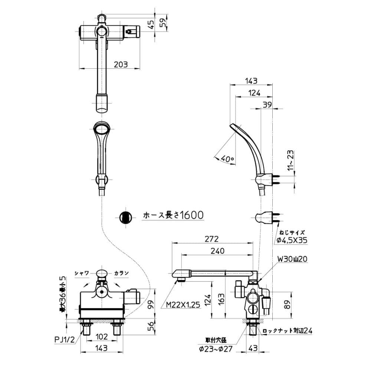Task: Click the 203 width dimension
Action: (x=121, y=64)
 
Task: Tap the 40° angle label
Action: (x=228, y=159)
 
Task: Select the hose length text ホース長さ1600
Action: (x=173, y=215)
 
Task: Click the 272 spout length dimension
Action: (x=212, y=239)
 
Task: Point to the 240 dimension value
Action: (x=217, y=251)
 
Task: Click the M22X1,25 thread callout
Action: (x=183, y=305)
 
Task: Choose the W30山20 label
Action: (x=292, y=259)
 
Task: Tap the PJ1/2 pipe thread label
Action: (x=65, y=340)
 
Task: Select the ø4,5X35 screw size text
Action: (x=292, y=240)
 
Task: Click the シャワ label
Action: (x=82, y=273)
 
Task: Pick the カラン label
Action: (x=121, y=273)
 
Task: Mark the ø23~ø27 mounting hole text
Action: (x=216, y=349)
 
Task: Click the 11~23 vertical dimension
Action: (x=290, y=160)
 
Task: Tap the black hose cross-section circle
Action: (x=125, y=217)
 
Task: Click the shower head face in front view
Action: (x=102, y=129)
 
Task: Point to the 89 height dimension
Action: (x=287, y=305)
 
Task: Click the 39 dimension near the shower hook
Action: (x=267, y=105)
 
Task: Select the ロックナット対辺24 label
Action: (x=288, y=331)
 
